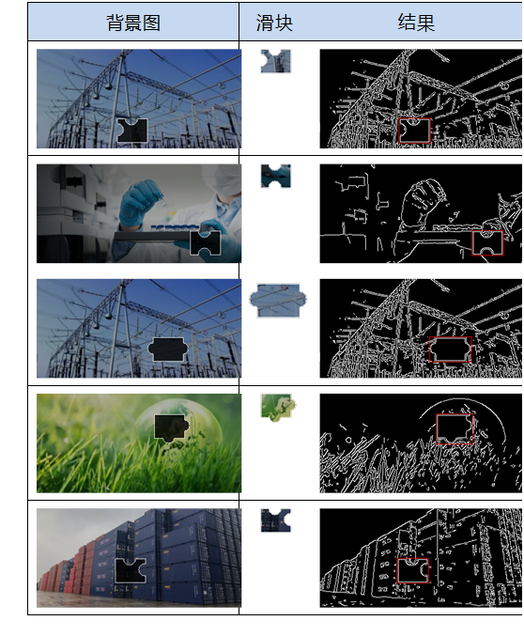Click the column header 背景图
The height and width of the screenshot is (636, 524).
tap(133, 23)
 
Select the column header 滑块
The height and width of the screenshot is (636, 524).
tap(274, 23)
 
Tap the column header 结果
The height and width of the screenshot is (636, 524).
tap(416, 23)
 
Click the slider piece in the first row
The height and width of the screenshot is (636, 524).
tap(276, 61)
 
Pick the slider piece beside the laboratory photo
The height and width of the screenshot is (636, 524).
tap(276, 176)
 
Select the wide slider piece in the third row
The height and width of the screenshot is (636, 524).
tap(278, 301)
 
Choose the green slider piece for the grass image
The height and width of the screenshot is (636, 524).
tap(278, 407)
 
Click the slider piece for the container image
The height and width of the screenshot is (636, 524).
tap(276, 520)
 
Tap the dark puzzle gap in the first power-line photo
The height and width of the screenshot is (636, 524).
tap(132, 131)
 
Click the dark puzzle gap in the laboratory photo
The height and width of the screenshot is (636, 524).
tap(206, 243)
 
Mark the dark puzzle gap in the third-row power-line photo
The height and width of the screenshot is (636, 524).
tap(168, 349)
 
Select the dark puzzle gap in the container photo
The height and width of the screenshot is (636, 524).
tap(131, 570)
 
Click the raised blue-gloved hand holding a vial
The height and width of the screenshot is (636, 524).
tap(140, 203)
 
